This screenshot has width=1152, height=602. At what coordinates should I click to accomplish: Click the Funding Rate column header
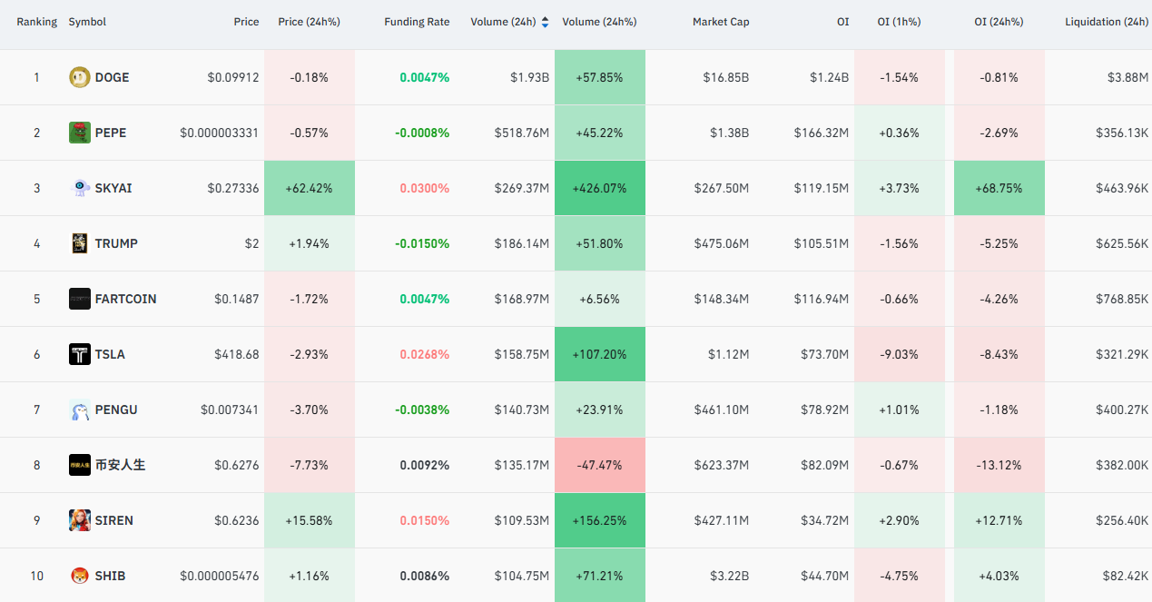(417, 22)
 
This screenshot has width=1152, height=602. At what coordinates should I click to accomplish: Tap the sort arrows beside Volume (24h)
(546, 22)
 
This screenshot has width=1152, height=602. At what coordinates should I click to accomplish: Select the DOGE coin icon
(80, 77)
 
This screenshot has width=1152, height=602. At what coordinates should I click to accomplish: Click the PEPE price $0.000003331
(219, 133)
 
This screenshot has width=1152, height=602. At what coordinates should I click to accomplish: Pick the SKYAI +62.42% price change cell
(309, 188)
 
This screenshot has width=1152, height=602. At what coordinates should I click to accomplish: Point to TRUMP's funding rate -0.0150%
(422, 243)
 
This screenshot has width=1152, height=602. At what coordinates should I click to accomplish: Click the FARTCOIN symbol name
(125, 299)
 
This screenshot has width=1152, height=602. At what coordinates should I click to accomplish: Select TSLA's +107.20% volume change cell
(600, 354)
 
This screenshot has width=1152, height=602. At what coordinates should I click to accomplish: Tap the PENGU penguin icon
(80, 410)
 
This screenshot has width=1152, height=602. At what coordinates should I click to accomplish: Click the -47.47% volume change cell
(600, 465)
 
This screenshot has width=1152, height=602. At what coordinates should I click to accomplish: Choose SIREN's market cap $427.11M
(722, 520)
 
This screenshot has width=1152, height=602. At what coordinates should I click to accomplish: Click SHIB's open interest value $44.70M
(824, 576)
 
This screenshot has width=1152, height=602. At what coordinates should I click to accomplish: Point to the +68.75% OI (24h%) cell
(999, 188)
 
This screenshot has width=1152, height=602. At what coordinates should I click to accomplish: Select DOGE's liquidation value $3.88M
(1127, 77)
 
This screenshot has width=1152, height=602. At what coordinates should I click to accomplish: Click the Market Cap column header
(721, 22)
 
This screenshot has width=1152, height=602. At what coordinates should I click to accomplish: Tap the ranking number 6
(36, 354)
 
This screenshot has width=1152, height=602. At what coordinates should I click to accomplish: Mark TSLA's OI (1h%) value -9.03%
(899, 354)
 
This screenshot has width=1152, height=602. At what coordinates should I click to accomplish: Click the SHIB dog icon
(80, 576)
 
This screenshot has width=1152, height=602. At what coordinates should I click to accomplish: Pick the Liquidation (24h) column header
(1107, 22)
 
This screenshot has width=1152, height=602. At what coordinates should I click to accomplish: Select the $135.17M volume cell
(521, 465)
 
